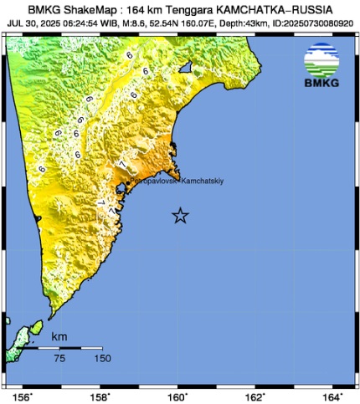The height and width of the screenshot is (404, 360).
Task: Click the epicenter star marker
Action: [x=180, y=216]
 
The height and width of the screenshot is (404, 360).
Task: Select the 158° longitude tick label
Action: [x=101, y=396]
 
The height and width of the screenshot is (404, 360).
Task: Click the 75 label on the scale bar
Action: [x=60, y=359]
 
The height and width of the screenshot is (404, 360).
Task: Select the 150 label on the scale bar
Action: [x=102, y=359]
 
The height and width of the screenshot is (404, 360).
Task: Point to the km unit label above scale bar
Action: [x=59, y=336]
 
